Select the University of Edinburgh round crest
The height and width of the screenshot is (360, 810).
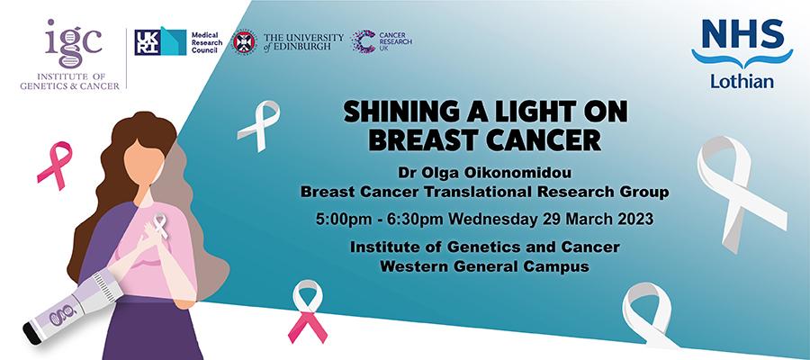[x=244, y=41]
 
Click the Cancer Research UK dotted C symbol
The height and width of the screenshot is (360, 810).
[x=364, y=41]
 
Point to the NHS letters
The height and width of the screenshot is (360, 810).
[x=742, y=34]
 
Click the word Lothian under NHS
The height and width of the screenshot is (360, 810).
[x=742, y=81]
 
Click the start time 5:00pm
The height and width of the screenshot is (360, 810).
[x=344, y=220]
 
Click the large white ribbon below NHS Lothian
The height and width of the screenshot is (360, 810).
[x=741, y=192]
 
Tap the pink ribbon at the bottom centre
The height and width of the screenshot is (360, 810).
[x=308, y=311]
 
